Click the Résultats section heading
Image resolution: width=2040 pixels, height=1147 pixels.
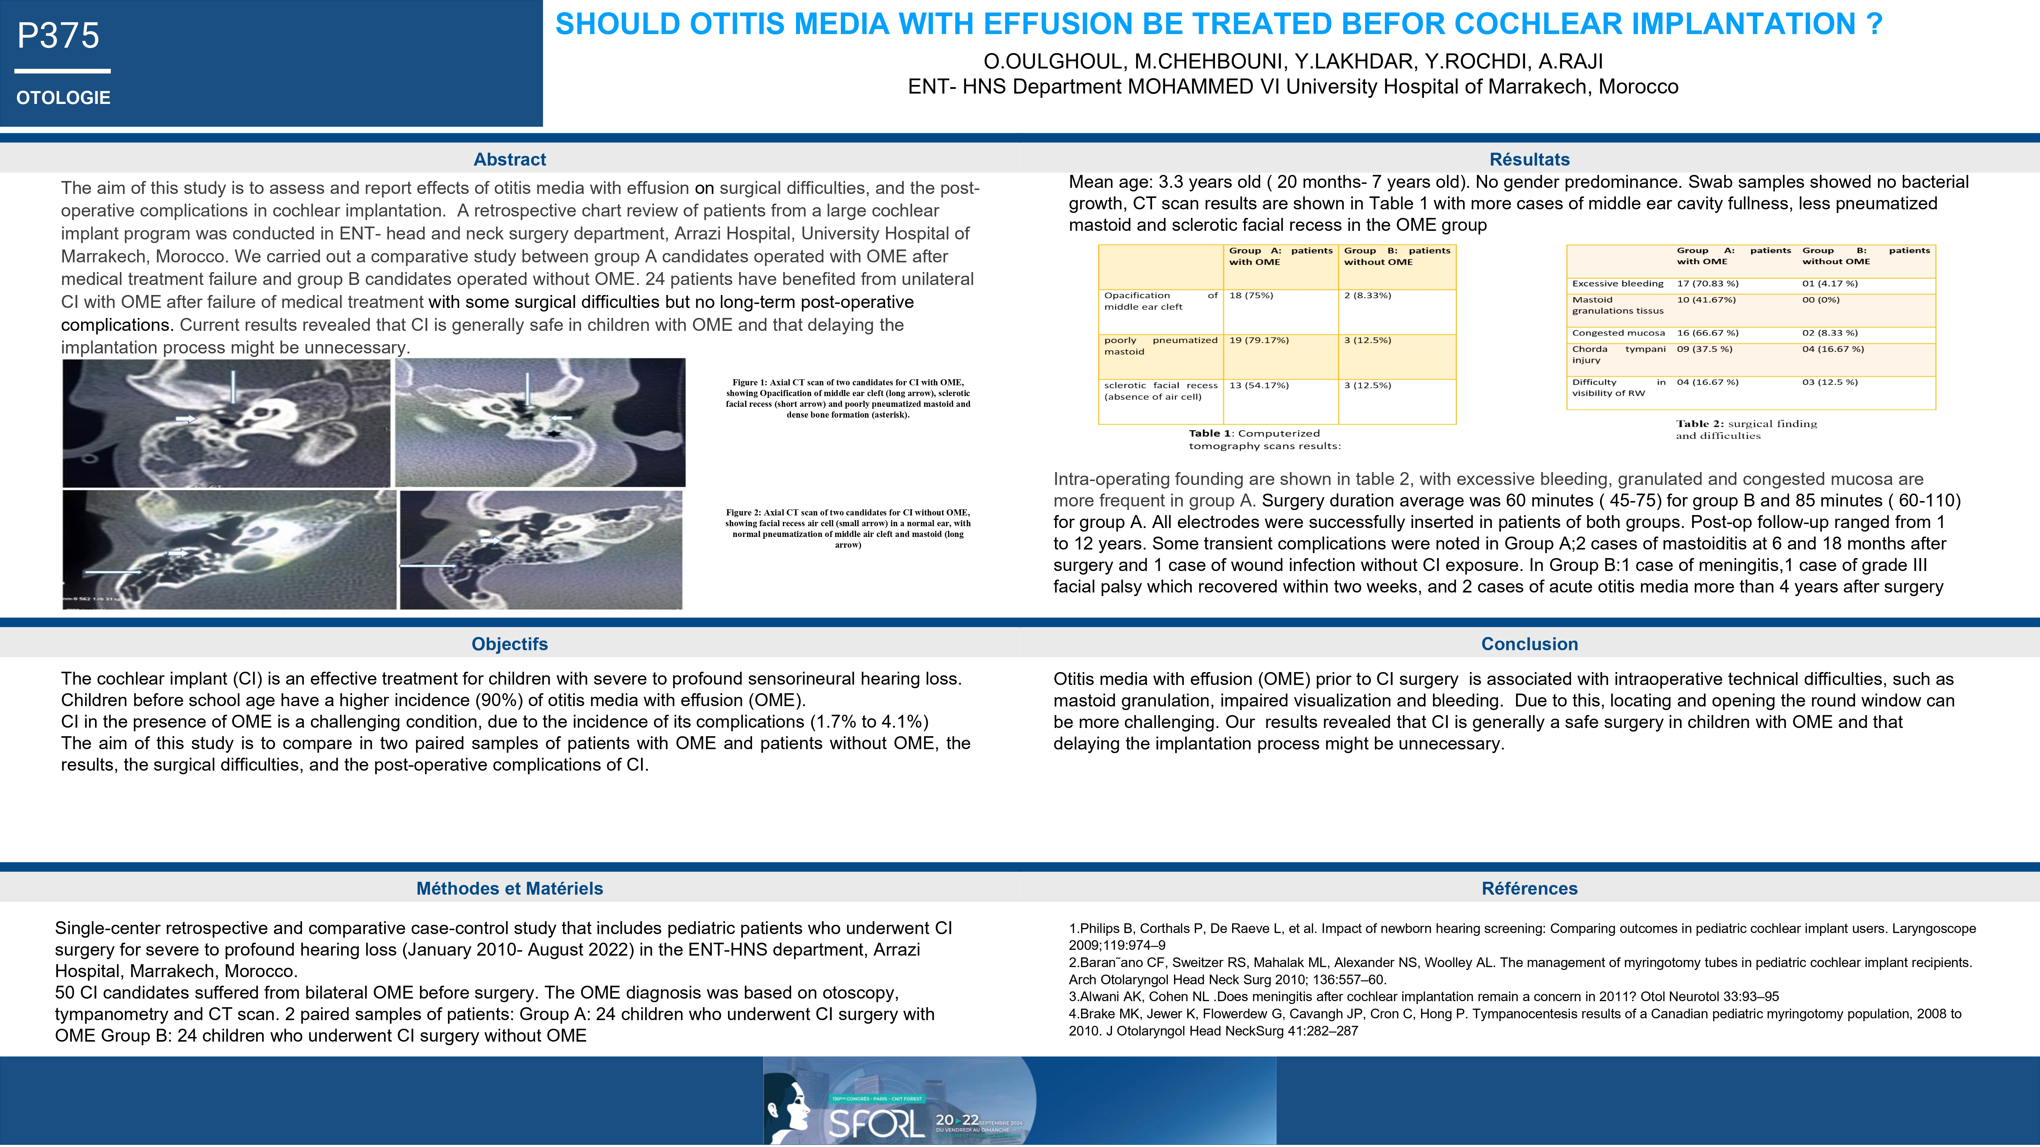tap(1529, 159)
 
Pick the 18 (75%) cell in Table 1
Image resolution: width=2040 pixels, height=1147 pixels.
tap(1251, 295)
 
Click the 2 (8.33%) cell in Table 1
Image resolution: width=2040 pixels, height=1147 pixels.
tap(1368, 295)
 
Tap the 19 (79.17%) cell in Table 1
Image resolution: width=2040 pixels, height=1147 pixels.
tap(1259, 341)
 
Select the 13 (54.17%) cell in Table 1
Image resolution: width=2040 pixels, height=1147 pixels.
tap(1259, 386)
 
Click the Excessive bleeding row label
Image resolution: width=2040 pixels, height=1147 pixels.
tap(1618, 284)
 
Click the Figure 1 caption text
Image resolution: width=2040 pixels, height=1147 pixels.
tap(847, 398)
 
